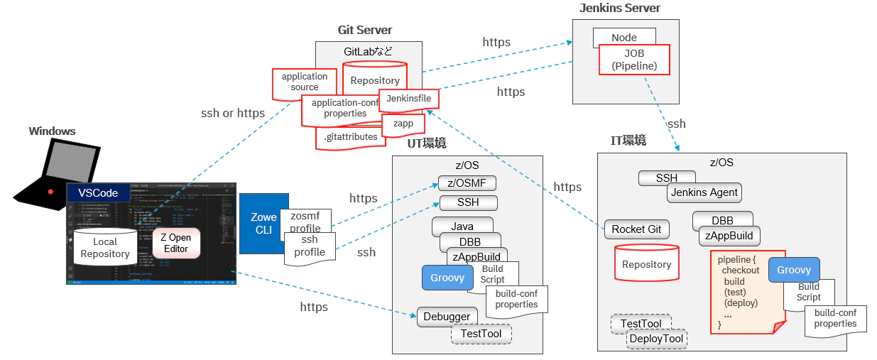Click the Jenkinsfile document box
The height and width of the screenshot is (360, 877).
[408, 99]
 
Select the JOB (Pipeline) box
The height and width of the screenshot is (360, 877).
[634, 60]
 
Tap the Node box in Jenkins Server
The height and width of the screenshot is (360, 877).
[624, 37]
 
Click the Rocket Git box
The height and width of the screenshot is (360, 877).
[636, 229]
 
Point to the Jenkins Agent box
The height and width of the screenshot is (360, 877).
[704, 192]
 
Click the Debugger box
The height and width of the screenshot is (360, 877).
[447, 317]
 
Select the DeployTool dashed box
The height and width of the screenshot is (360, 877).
[656, 339]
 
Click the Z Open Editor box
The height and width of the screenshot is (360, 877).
[175, 243]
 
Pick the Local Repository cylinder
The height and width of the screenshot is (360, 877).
[105, 248]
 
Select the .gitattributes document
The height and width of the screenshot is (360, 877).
[350, 138]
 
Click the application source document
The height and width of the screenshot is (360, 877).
[305, 82]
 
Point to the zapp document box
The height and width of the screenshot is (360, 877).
[402, 124]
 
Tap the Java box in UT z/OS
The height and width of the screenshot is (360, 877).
[462, 227]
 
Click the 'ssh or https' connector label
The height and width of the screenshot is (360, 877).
[233, 113]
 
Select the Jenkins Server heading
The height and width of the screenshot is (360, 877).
[619, 9]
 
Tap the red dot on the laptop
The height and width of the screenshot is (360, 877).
[50, 192]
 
